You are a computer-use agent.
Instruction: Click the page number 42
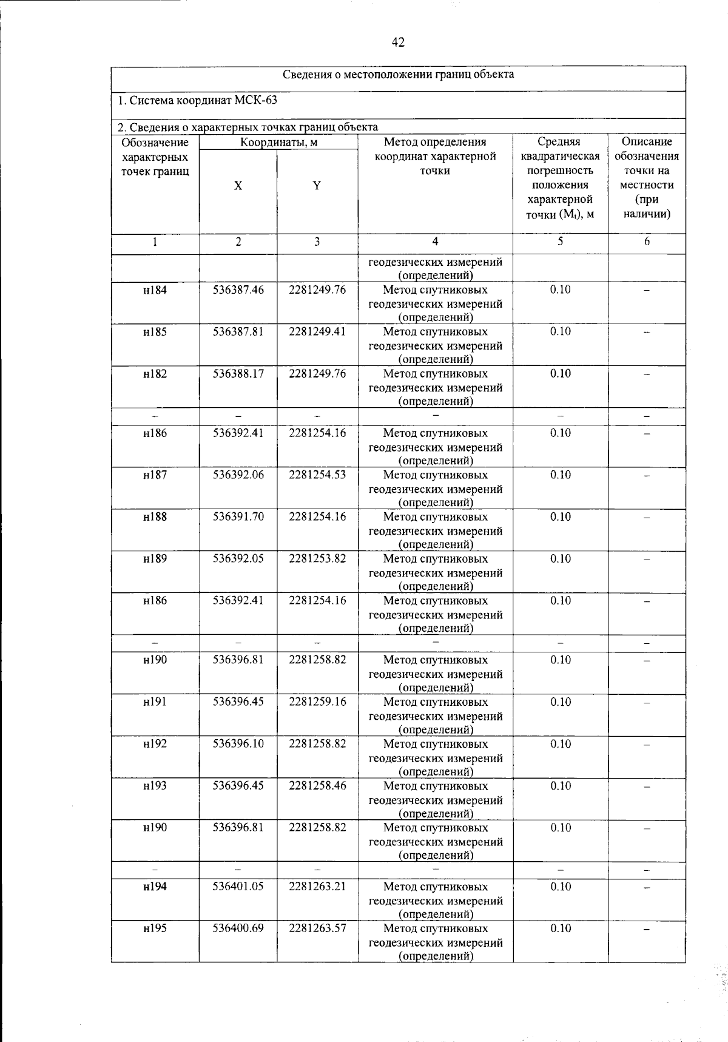point(398,42)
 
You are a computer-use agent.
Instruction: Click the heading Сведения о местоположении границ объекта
point(399,75)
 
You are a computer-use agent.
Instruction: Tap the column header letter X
point(238,186)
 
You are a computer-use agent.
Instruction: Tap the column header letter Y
point(317,186)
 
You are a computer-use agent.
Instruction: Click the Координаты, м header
point(278,143)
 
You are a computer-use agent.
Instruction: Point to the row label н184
point(155,290)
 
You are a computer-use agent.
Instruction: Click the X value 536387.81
point(238,332)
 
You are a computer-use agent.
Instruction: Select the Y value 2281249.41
point(317,332)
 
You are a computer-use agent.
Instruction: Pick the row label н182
point(155,374)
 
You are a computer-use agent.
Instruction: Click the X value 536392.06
point(238,475)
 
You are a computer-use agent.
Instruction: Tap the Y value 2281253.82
point(317,559)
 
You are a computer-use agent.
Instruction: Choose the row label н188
point(155,517)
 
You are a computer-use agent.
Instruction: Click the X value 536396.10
point(238,744)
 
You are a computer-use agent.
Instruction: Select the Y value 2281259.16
point(317,702)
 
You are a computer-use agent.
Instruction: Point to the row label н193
point(155,786)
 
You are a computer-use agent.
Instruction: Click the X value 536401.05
point(238,887)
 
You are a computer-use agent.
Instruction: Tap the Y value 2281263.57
point(317,929)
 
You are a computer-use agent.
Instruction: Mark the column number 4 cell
point(435,242)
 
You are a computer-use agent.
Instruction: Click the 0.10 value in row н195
point(560,929)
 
